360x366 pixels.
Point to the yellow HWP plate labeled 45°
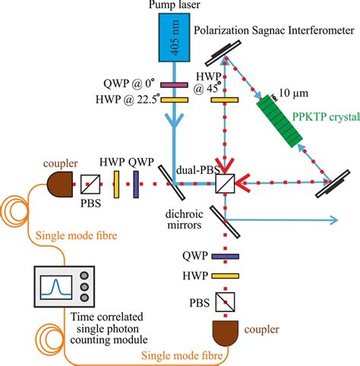tap(225, 99)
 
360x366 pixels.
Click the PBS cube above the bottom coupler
tap(224, 302)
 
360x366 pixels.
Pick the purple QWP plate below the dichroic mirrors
tap(224, 257)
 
